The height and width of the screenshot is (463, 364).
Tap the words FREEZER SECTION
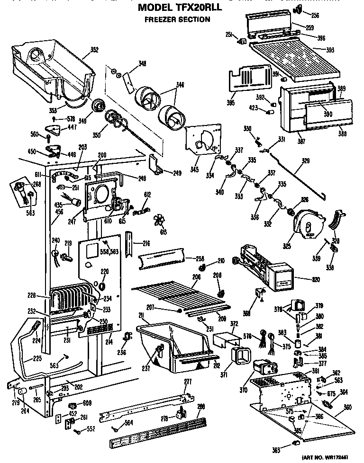[x=177, y=19]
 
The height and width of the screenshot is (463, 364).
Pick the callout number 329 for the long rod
[x=306, y=161]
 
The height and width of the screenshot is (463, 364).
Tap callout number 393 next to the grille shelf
[x=331, y=49]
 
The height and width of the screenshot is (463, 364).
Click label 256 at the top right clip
[x=315, y=16]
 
